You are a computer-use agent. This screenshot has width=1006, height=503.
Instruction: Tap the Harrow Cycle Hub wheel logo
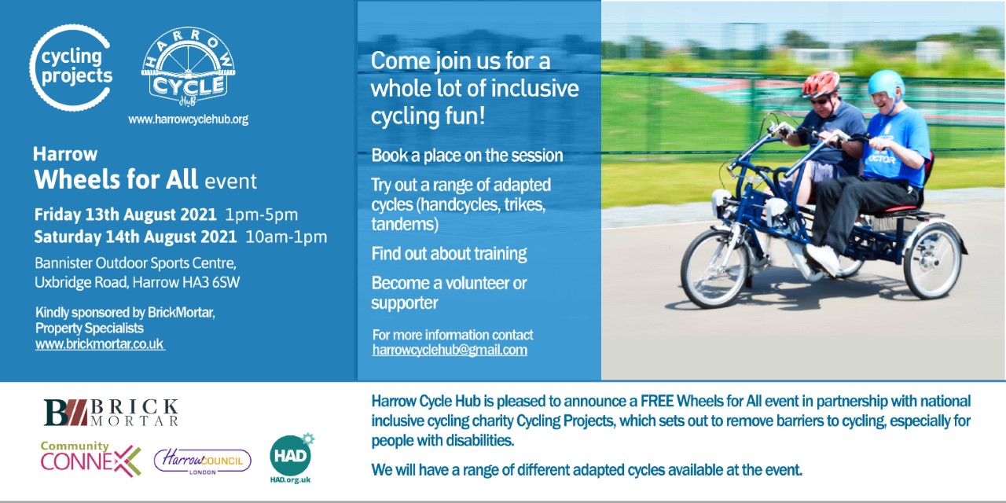[188, 67]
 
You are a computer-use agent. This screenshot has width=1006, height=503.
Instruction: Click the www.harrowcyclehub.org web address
[188, 119]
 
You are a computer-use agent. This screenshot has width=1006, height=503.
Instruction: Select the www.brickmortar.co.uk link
[100, 344]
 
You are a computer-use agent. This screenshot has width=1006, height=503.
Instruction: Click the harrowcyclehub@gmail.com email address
[450, 350]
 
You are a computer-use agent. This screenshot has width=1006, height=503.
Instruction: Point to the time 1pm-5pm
[262, 215]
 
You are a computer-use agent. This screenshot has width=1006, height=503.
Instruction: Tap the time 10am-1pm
[286, 237]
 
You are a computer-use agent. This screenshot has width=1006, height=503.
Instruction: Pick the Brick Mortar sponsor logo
[111, 413]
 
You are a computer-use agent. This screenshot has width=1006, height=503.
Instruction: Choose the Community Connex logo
[90, 459]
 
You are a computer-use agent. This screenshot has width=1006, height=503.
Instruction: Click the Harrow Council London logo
[203, 461]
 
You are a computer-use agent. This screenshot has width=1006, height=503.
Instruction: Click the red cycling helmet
[821, 83]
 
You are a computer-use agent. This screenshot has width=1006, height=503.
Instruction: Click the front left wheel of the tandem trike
[714, 269]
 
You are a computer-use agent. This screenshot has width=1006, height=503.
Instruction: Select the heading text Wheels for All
[116, 179]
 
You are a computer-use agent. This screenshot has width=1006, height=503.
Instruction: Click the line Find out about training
[449, 254]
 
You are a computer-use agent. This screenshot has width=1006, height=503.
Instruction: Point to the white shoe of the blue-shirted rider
[822, 259]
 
